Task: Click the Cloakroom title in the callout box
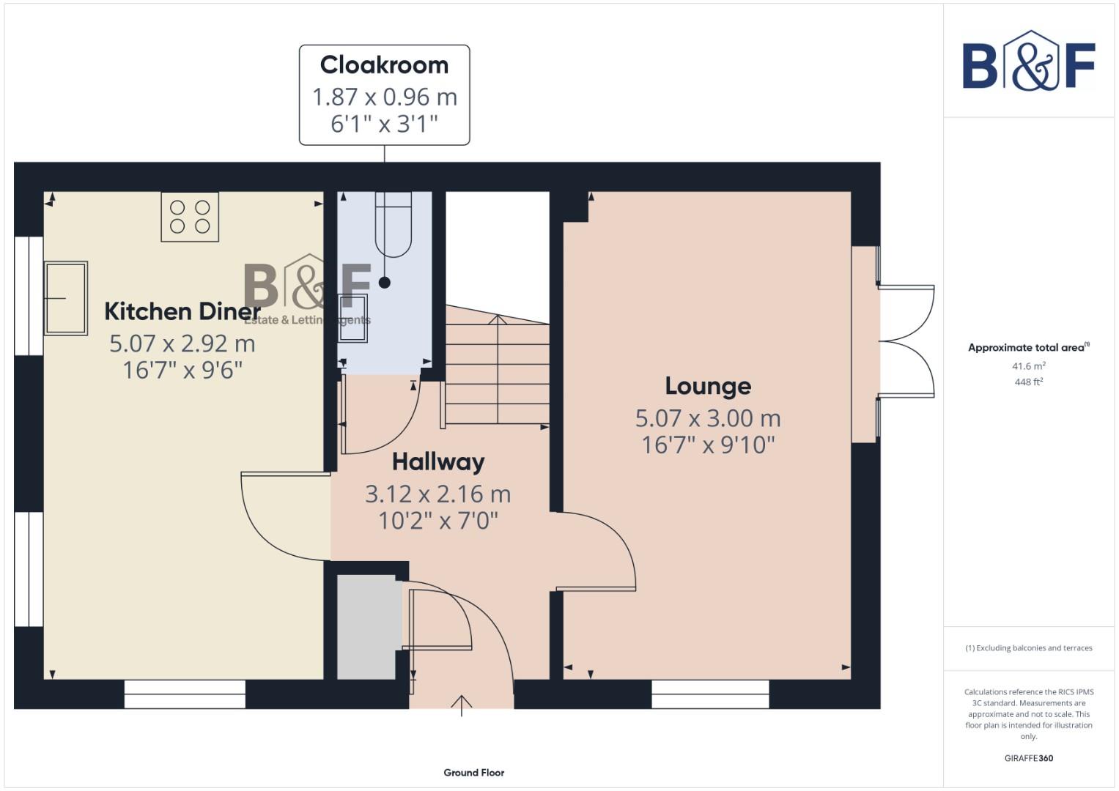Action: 384,65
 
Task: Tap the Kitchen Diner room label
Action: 182,311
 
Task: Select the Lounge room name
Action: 708,386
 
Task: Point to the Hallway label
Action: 438,462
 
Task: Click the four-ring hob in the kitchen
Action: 190,217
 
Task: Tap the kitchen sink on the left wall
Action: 66,298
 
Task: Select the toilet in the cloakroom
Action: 394,223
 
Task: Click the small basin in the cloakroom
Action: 353,319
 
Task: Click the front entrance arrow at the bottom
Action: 462,705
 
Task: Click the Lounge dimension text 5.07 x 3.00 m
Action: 708,418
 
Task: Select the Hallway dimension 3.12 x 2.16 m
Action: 438,494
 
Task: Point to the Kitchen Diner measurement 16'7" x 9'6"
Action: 182,371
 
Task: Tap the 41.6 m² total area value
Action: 1029,366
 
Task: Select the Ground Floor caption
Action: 474,773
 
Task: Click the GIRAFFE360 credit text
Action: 1029,759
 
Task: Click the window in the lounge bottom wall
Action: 710,694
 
